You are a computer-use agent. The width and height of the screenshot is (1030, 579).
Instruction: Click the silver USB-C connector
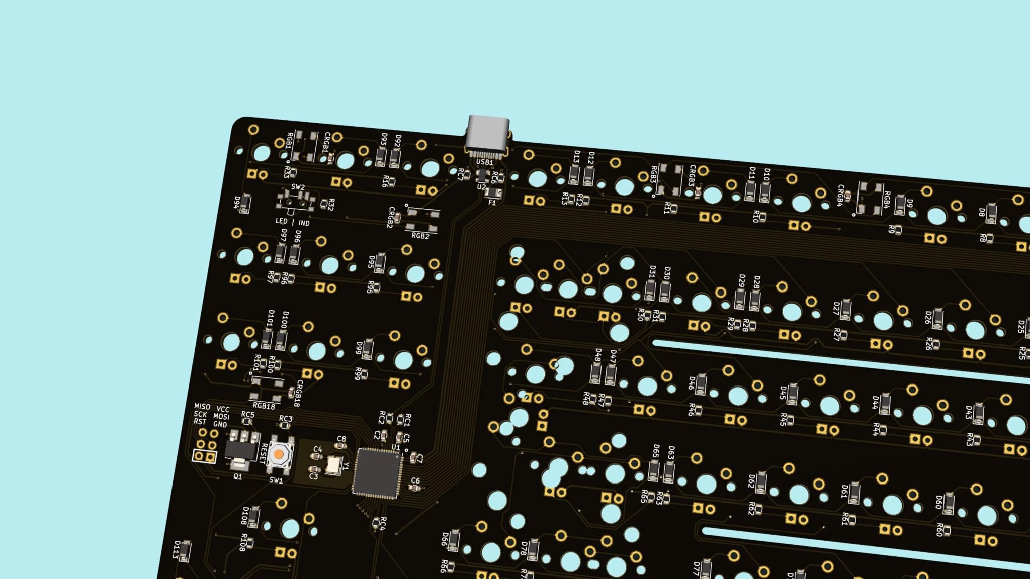coord(487,133)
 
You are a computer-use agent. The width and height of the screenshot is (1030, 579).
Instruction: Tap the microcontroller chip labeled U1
coord(377,473)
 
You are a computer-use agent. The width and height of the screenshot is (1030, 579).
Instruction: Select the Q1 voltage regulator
coord(240,449)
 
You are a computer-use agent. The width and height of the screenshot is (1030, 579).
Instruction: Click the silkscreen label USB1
coord(484,162)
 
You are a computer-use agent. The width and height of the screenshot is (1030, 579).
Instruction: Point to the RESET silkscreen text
coord(264,453)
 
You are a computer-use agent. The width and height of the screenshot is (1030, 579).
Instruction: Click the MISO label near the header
coord(202,406)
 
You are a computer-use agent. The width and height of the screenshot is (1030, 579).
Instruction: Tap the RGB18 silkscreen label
coord(264,406)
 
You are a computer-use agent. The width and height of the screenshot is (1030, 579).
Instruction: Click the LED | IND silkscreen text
coord(292,222)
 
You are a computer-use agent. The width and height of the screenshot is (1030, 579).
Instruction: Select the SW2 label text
coord(298,187)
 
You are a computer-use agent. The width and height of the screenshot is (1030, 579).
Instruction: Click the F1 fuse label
coord(492,203)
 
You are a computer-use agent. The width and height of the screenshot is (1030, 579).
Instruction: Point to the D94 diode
coord(245,204)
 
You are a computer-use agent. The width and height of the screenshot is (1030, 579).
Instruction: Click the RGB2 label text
coord(420,236)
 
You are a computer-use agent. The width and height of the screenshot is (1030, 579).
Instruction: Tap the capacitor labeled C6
coord(414,487)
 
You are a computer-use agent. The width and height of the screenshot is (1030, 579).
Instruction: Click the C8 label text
coord(341,439)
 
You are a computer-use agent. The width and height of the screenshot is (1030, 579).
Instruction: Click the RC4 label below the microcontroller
coord(382,523)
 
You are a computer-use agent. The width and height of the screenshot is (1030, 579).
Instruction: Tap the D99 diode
coord(368,349)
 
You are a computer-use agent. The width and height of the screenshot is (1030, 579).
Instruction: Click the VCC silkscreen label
coord(223,409)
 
